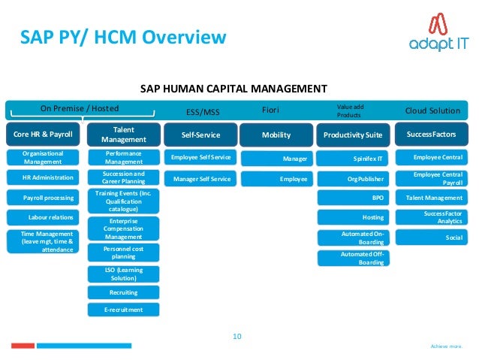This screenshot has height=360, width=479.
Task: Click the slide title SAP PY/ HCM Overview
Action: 122,37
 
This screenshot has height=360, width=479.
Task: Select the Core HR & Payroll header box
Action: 41,135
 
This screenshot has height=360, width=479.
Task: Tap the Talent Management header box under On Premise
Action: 123,135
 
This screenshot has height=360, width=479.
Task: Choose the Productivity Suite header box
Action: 353,135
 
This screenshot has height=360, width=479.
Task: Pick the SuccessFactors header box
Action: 432,135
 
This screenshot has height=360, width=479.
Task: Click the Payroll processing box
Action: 48,198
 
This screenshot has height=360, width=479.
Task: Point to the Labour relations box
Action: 48,217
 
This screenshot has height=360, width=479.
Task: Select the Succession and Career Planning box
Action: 123,178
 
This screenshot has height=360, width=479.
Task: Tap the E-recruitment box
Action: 123,309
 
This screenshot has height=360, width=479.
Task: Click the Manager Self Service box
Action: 201,179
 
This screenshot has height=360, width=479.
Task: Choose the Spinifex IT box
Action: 353,159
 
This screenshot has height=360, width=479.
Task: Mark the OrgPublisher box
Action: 353,179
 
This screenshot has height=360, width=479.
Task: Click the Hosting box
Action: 353,216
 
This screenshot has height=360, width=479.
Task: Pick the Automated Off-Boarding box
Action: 353,258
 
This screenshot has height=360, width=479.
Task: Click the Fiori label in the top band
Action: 270,110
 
